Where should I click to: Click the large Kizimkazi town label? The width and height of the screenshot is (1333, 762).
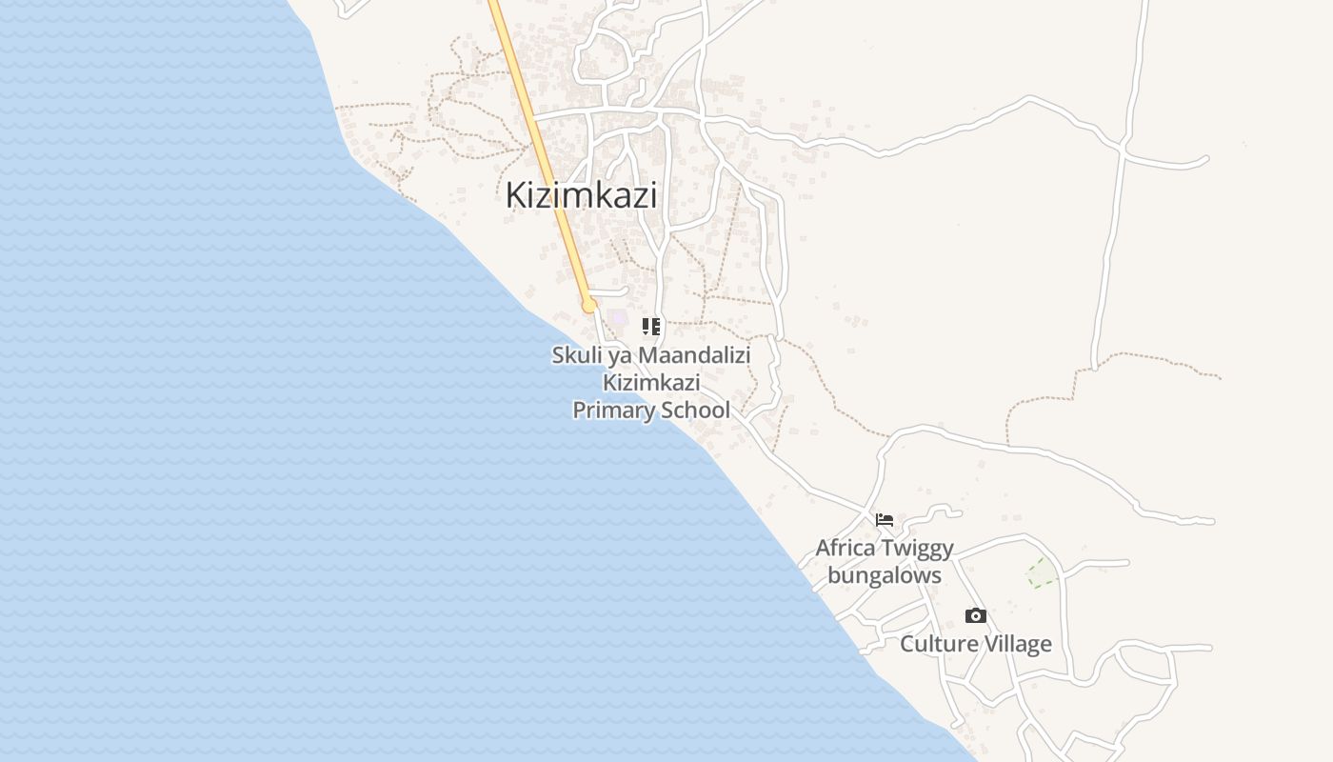581,194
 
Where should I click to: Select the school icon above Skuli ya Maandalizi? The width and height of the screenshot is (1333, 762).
651,327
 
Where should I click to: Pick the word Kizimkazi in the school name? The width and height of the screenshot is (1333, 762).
651,383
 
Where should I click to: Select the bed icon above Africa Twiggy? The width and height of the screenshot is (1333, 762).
885,520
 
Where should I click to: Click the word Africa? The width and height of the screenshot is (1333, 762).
846,549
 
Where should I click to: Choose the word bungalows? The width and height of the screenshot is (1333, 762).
885,575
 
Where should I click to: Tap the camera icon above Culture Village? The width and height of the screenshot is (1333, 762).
976,616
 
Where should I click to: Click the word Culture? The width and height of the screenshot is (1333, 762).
939,644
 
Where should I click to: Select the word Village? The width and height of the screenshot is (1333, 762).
1018,644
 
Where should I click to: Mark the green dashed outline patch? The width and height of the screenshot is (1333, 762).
1041,572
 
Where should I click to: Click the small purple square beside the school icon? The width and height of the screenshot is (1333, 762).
620,316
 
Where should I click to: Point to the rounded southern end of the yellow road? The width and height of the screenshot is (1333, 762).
589,306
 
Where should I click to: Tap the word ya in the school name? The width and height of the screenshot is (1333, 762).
622,356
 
